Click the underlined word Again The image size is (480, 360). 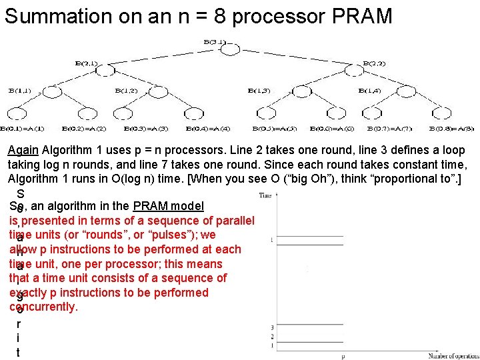click(x=23, y=150)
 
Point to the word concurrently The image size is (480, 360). click(x=44, y=307)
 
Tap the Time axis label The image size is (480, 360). click(x=265, y=195)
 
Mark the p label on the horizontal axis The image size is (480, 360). click(x=343, y=357)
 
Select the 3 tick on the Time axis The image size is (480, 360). click(x=272, y=327)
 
